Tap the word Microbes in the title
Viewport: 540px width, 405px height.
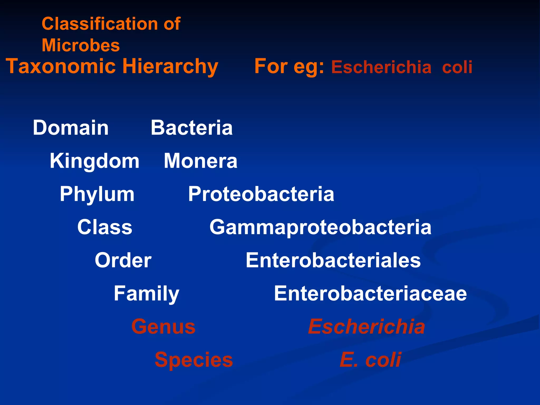[x=81, y=45]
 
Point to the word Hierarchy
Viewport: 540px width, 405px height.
[x=170, y=66]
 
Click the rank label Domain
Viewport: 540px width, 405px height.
[x=71, y=128]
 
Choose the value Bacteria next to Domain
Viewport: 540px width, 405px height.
[x=192, y=128]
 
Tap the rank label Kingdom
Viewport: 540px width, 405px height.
[x=95, y=161]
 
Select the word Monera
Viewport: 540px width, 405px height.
[x=201, y=161]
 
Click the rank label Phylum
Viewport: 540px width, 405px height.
[x=97, y=194]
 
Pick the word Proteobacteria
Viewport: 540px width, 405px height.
[x=261, y=194]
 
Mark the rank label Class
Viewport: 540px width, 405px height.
[x=105, y=227]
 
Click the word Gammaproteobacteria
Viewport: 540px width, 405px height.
[x=320, y=227]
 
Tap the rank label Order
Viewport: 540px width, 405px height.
[x=123, y=260]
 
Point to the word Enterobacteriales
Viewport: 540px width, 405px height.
[x=333, y=260]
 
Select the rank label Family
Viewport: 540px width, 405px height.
[x=147, y=293]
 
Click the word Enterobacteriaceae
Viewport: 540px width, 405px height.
[x=370, y=293]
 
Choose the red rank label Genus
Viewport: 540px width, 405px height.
[x=163, y=327]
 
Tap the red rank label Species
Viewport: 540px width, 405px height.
[x=194, y=360]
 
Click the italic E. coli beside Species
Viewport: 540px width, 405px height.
[x=370, y=360]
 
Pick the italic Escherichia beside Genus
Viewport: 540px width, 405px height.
[x=367, y=327]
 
